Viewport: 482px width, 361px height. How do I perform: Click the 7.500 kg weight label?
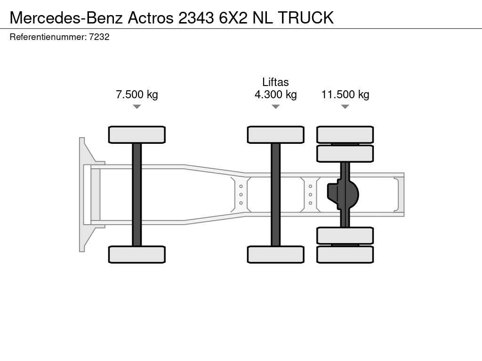coord(137,94)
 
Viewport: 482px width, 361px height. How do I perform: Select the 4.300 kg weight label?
coord(275,94)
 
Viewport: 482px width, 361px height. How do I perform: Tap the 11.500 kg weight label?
coord(345,94)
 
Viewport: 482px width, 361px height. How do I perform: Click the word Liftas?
coord(275,82)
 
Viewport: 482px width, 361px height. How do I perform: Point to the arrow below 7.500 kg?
coord(137,107)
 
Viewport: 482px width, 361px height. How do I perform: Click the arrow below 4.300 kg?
coord(275,107)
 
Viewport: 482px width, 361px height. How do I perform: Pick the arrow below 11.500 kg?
coord(345,107)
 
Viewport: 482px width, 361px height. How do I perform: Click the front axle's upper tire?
coord(137,134)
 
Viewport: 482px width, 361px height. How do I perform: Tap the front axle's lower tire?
coord(137,254)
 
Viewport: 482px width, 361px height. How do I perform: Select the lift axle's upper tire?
coord(275,134)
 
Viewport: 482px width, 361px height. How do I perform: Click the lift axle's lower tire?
coord(275,254)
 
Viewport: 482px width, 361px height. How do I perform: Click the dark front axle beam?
coord(137,194)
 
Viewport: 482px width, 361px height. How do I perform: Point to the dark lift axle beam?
coord(275,194)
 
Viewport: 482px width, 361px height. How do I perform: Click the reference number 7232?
coord(99,37)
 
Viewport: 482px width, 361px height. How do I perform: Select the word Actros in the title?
coord(150,17)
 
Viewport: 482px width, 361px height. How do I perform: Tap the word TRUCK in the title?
coord(305,17)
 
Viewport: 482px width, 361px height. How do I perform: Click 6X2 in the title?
coord(233,17)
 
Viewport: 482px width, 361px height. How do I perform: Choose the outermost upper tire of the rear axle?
coord(345,134)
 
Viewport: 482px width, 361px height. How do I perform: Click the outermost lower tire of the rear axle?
coord(345,254)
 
